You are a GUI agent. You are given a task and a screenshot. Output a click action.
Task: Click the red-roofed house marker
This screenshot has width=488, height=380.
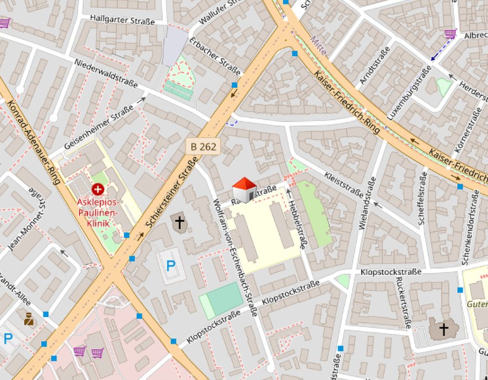point(245,190)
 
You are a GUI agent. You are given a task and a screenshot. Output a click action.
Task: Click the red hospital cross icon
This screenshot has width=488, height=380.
point(98,189)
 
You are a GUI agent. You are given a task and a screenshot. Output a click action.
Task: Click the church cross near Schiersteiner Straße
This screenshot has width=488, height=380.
point(179,221)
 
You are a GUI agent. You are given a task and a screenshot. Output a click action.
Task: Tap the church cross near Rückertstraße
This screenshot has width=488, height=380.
point(444,328)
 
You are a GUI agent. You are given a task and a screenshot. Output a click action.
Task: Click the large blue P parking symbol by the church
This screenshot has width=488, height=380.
point(171,266)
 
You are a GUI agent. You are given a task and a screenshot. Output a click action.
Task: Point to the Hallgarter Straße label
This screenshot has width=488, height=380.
point(123,20)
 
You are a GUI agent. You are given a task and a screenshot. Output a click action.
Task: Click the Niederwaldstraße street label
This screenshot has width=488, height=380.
point(105,73)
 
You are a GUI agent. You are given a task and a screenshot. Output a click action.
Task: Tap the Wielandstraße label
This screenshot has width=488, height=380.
point(367,204)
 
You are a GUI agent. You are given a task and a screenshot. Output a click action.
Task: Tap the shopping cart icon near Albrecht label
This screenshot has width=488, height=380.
point(450,34)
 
